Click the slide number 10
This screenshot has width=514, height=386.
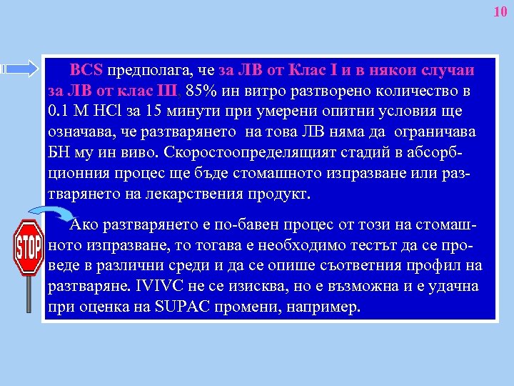500,12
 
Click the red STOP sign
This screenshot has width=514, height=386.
29,247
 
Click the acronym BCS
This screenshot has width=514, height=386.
86,71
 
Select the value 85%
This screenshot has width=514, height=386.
198,92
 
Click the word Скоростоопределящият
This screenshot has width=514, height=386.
246,153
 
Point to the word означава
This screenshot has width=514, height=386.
78,133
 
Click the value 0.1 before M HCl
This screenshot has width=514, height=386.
56,112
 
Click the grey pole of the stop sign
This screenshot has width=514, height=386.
29,293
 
